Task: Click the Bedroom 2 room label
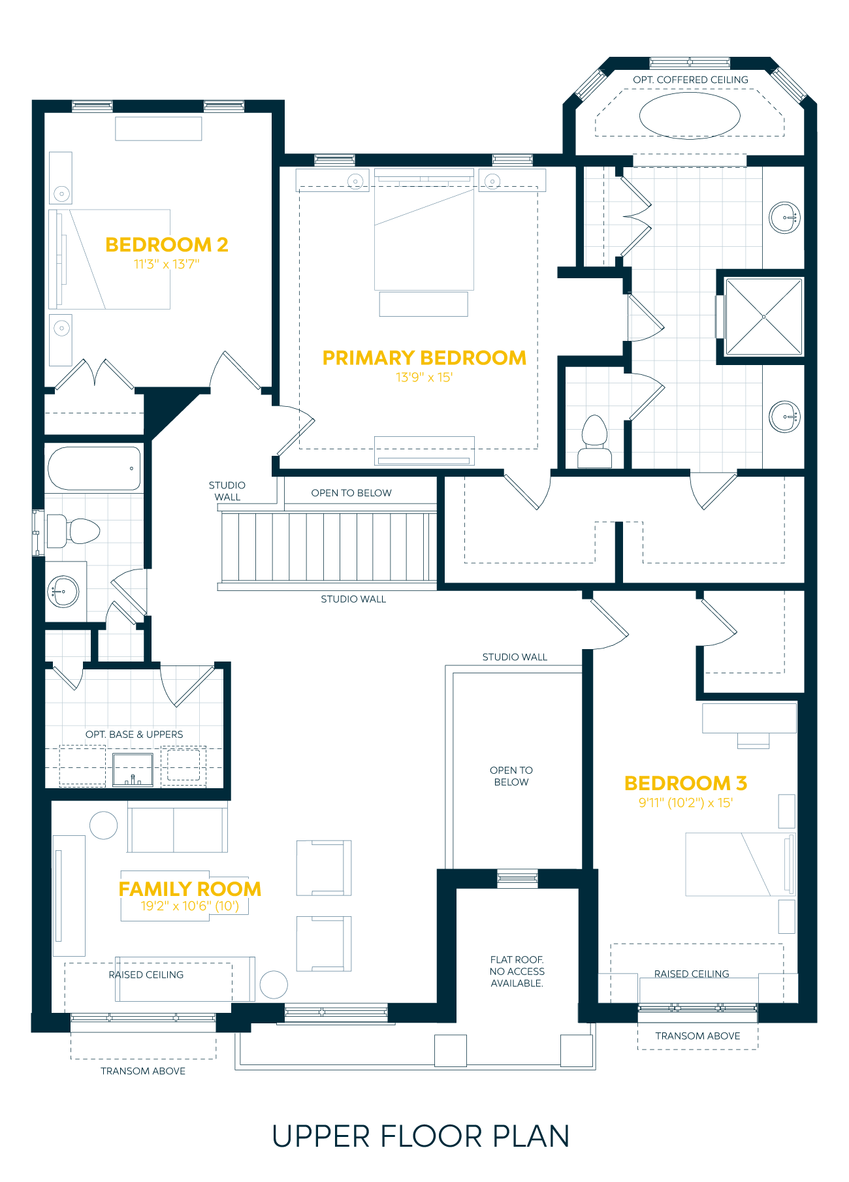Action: (x=167, y=245)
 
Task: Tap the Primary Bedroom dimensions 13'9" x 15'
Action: (x=424, y=377)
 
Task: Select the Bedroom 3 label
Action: (x=686, y=783)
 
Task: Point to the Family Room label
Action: (x=190, y=889)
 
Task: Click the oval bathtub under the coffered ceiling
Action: (x=690, y=116)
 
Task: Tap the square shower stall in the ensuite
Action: (x=763, y=317)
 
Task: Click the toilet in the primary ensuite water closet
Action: (x=594, y=441)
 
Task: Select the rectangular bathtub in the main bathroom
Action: (x=94, y=468)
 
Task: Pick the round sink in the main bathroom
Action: (x=64, y=592)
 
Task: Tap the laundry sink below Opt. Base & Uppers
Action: (x=133, y=769)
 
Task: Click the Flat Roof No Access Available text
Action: (x=517, y=971)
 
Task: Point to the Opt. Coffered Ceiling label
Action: (x=690, y=80)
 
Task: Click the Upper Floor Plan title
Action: (x=421, y=1137)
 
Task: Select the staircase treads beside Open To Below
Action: (x=328, y=547)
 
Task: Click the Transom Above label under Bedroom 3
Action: (x=697, y=1036)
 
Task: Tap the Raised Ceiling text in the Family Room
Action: (x=146, y=974)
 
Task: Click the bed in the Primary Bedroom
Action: (x=424, y=230)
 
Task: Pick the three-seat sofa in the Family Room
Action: (x=177, y=829)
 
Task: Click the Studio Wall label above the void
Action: (x=515, y=657)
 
